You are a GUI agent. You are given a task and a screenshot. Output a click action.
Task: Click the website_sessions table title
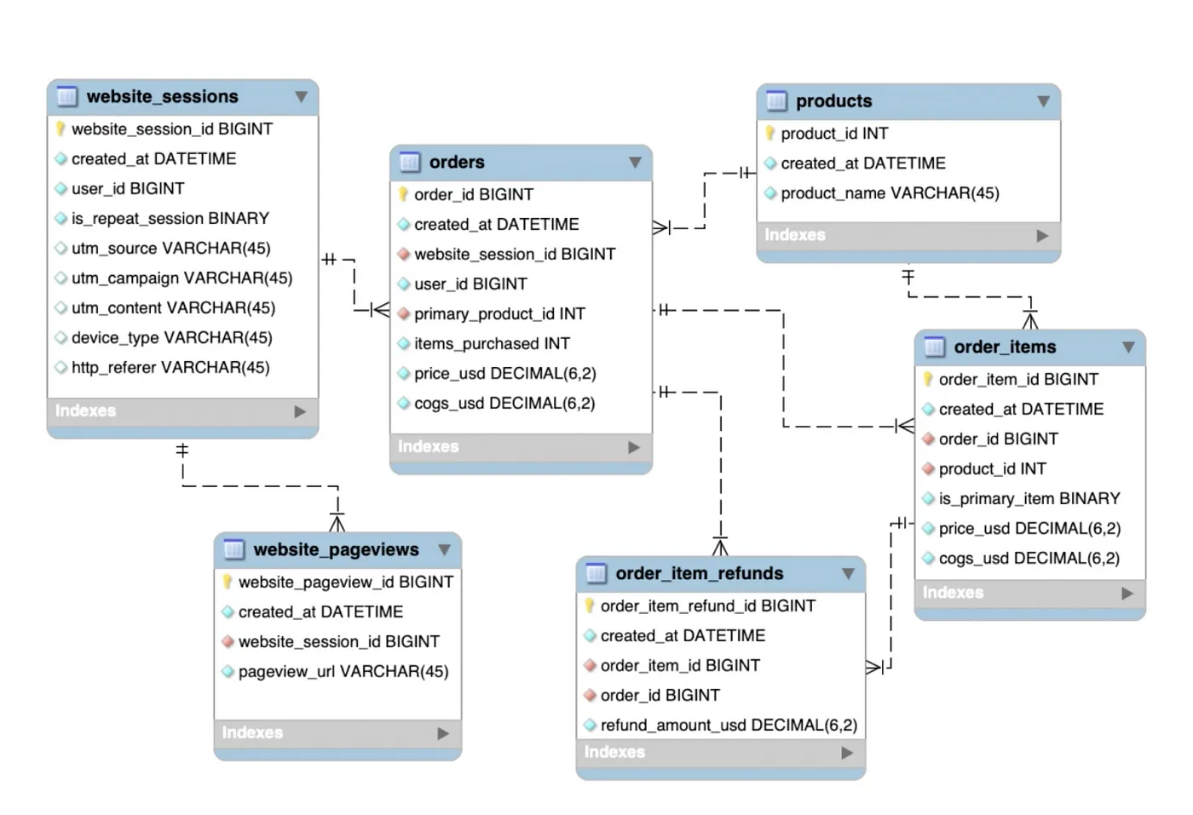click(162, 97)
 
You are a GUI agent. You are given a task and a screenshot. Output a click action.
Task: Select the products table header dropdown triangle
click(1043, 101)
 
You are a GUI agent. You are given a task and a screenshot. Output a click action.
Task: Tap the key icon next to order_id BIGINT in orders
click(404, 194)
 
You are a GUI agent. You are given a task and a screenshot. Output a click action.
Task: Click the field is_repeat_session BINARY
click(170, 219)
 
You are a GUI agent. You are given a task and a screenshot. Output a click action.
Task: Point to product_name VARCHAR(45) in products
click(889, 193)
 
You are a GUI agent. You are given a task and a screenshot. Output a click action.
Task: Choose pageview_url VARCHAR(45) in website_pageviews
click(343, 672)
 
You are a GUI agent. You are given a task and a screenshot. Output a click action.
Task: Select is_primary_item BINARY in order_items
click(1029, 499)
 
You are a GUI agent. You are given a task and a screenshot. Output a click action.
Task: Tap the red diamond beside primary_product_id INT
click(404, 314)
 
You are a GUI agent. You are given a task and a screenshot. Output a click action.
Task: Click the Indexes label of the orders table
click(429, 447)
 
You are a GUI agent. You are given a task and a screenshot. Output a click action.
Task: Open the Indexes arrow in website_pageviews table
click(443, 733)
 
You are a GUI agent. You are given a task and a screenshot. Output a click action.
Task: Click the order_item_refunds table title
click(699, 574)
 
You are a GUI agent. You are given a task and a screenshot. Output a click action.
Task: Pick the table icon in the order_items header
click(934, 347)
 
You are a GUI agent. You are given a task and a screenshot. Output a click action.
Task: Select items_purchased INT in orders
click(492, 344)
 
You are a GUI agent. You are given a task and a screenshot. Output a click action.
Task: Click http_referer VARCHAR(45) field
click(170, 368)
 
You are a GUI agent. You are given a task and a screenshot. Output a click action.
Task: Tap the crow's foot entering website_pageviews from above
click(337, 522)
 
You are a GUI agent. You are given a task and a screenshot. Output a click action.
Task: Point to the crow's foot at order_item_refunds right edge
click(874, 667)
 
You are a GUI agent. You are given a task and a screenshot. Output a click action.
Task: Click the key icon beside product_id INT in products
click(770, 134)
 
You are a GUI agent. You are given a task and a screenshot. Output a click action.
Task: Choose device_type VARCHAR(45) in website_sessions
click(171, 338)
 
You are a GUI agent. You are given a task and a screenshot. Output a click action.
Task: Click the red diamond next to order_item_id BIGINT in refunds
click(590, 666)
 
